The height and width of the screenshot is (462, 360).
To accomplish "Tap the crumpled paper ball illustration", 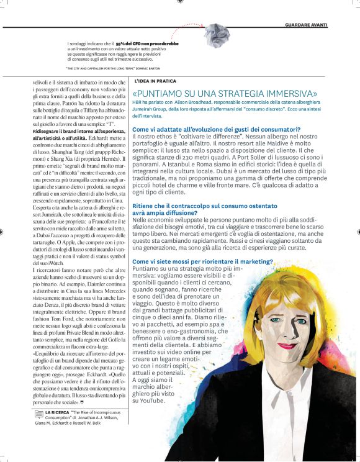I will click(217, 35).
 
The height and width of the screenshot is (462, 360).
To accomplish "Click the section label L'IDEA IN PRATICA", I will click(155, 81).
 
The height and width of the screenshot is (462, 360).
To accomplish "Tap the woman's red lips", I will click(287, 345).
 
